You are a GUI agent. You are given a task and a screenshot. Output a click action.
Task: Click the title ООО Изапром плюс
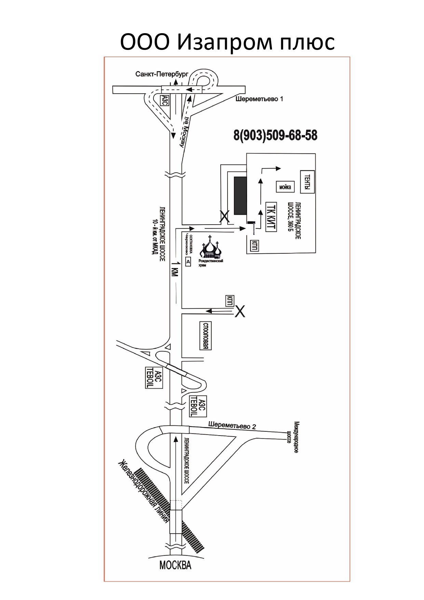click(227, 42)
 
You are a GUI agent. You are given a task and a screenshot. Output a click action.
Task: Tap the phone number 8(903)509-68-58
click(275, 135)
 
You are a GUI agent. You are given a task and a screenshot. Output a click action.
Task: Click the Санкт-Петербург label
click(162, 74)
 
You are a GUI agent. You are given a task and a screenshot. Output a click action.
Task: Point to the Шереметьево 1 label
click(259, 99)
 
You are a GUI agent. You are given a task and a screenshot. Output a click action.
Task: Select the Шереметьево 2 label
click(232, 426)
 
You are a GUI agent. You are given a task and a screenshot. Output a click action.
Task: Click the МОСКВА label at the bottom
click(175, 565)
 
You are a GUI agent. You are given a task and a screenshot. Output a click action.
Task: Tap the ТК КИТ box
click(271, 217)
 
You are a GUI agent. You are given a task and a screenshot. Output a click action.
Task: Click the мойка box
click(285, 187)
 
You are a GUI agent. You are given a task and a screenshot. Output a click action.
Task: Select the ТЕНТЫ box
click(307, 182)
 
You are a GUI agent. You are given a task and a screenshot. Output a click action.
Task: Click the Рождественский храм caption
click(210, 263)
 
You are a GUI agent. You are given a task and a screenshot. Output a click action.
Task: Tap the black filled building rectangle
click(240, 196)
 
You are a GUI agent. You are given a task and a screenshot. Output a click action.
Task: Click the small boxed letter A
click(188, 262)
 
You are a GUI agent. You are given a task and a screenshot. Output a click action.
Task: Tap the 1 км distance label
click(174, 268)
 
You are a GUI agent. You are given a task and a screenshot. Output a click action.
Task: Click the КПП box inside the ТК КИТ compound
click(254, 245)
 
